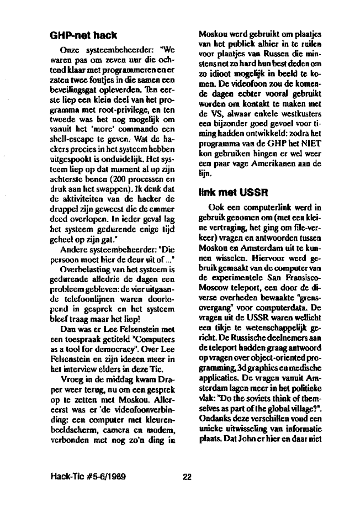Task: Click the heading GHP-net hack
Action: coord(82,36)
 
